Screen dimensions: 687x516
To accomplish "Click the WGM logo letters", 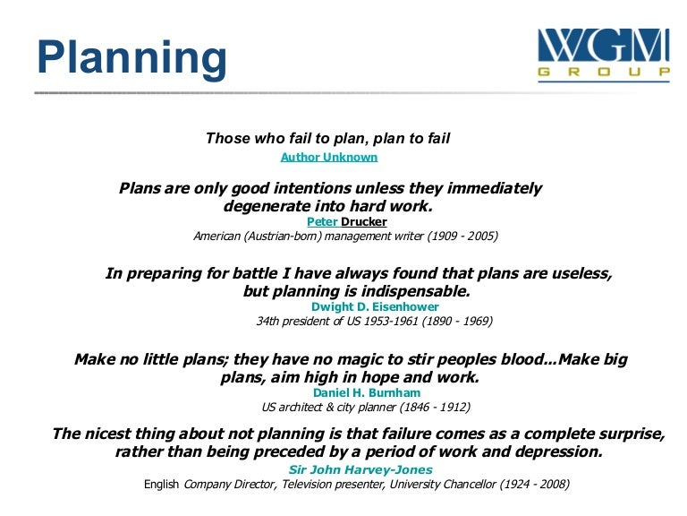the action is point(604,45).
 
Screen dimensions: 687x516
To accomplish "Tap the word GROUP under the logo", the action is point(604,72).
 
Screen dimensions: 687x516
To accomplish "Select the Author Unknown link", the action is point(329,157).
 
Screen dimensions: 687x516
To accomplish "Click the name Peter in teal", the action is point(322,221).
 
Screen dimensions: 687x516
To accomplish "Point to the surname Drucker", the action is point(364,221).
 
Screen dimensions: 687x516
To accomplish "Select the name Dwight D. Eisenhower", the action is point(375,306).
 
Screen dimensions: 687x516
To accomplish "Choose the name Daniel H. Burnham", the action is point(367,392).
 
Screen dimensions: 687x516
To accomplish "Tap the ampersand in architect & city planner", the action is point(330,408).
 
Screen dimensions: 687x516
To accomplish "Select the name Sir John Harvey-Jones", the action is point(360,469).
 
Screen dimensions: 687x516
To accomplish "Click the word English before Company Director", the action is point(161,485).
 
